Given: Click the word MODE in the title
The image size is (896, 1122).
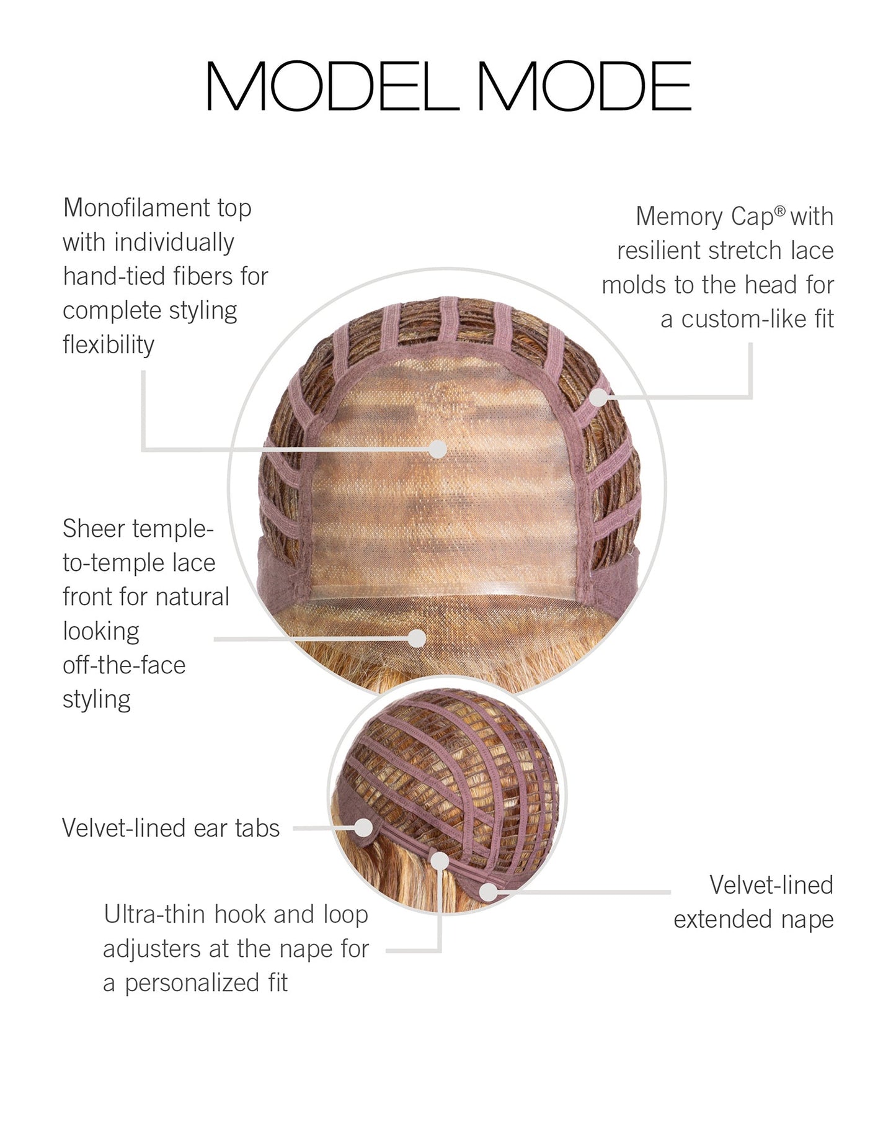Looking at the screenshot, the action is [x=584, y=86].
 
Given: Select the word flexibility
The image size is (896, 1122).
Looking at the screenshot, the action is [x=109, y=345].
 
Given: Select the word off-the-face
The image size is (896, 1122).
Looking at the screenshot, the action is [x=124, y=665].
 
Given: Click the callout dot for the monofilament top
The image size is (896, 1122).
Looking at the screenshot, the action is [x=438, y=449].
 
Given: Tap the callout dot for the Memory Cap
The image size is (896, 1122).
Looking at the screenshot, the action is [x=597, y=397].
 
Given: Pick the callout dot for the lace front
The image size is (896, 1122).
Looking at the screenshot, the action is [x=417, y=638].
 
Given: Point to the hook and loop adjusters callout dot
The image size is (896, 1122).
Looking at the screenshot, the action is [x=440, y=861].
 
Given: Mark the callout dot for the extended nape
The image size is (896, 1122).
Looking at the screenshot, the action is [x=489, y=892].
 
